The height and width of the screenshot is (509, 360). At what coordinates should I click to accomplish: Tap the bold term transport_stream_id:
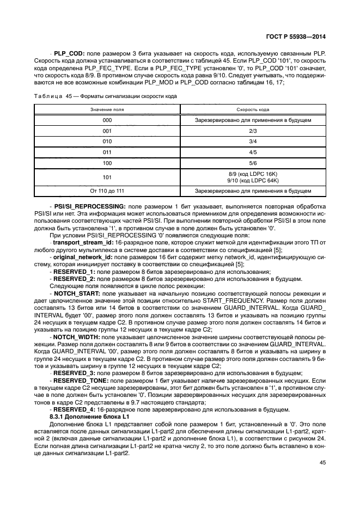(82, 241)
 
